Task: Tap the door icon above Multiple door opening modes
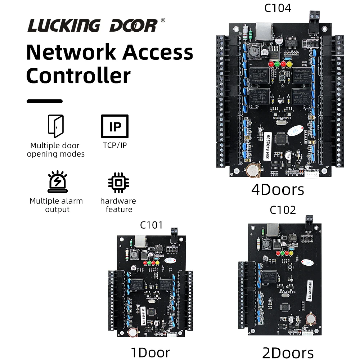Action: pyautogui.click(x=56, y=126)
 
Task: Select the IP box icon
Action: pyautogui.click(x=115, y=126)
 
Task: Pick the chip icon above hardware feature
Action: pyautogui.click(x=118, y=183)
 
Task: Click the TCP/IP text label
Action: pyautogui.click(x=115, y=145)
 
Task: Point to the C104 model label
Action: pyautogui.click(x=278, y=8)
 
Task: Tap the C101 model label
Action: pyautogui.click(x=151, y=225)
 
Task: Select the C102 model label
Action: pyautogui.click(x=283, y=210)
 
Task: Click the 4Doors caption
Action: pyautogui.click(x=278, y=190)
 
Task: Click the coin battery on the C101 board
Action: pyautogui.click(x=132, y=333)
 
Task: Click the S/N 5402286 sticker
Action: pyautogui.click(x=267, y=146)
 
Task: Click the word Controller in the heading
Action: pyautogui.click(x=78, y=76)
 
